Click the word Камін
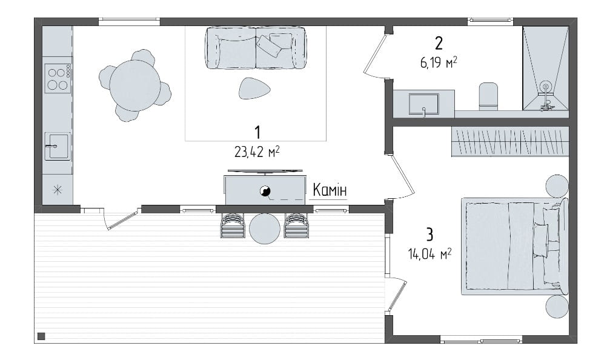330,190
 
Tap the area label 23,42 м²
257,152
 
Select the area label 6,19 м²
439,62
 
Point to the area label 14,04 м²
430,254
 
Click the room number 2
439,43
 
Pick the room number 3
430,235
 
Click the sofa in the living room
255,48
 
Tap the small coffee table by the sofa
254,88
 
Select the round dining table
134,85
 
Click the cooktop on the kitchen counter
58,79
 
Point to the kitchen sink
58,146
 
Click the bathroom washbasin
424,104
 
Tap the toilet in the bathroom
488,95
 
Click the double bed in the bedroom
514,247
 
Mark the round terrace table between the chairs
265,228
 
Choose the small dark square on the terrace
41,336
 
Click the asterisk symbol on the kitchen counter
58,190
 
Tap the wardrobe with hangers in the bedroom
510,142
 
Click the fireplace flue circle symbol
265,190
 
